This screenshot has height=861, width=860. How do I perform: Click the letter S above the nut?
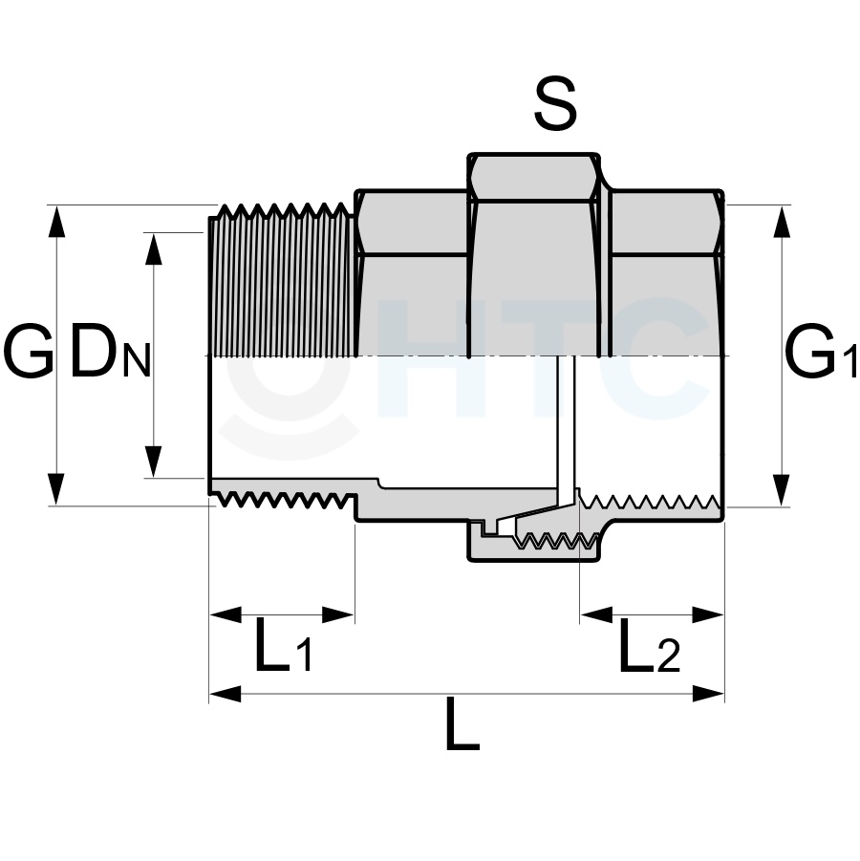pyautogui.click(x=555, y=103)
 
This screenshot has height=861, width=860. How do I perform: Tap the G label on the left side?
pyautogui.click(x=29, y=351)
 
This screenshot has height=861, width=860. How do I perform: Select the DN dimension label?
pyautogui.click(x=110, y=355)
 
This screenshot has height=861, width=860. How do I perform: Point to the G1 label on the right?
pyautogui.click(x=821, y=352)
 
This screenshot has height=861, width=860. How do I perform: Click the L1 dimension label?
pyautogui.click(x=284, y=645)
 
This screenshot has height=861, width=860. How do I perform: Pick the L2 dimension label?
pyautogui.click(x=650, y=645)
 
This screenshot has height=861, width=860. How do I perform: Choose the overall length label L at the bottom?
pyautogui.click(x=462, y=723)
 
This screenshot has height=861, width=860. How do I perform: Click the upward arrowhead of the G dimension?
pyautogui.click(x=56, y=222)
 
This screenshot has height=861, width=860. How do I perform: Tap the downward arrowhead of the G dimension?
pyautogui.click(x=56, y=489)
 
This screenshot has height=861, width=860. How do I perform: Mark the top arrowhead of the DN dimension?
pyautogui.click(x=153, y=248)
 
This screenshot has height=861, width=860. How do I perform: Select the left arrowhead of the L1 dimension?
pyautogui.click(x=226, y=614)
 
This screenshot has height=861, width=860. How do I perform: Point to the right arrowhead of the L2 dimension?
pyautogui.click(x=708, y=614)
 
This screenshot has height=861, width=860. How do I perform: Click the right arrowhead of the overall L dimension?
pyautogui.click(x=708, y=694)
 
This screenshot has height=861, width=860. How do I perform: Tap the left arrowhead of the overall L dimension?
pyautogui.click(x=226, y=694)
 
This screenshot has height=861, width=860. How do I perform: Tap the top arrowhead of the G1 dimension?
pyautogui.click(x=782, y=222)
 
